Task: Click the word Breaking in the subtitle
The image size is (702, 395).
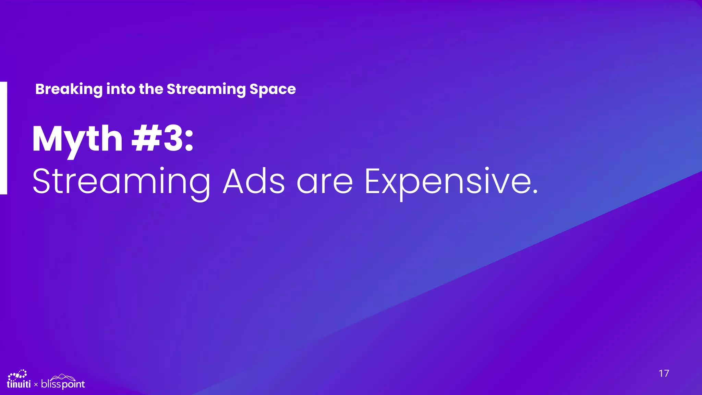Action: tap(69, 89)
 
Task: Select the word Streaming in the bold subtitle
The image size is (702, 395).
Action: tap(206, 89)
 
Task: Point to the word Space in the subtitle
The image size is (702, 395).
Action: tap(273, 89)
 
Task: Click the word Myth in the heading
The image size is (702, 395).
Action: tap(77, 140)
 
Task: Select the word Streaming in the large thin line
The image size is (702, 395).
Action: tap(121, 182)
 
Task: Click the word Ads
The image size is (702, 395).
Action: tap(254, 181)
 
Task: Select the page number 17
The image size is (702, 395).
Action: tap(664, 373)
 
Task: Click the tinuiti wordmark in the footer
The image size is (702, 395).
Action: tap(19, 384)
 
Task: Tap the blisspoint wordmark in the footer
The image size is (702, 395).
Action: tap(63, 384)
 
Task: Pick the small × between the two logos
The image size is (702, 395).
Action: tap(36, 385)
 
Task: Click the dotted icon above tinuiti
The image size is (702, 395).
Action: tap(17, 374)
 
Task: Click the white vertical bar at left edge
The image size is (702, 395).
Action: tap(3, 138)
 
